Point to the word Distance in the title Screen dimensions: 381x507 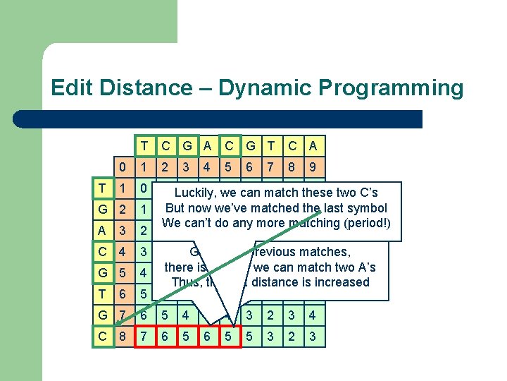point(149,88)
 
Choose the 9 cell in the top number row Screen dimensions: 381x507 point(313,168)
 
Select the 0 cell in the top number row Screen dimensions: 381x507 point(123,168)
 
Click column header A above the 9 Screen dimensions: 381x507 point(313,147)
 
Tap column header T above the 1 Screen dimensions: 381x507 point(144,147)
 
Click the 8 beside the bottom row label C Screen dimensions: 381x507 point(123,337)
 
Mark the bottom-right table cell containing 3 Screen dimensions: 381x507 point(313,337)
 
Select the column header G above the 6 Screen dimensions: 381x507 point(249,147)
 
